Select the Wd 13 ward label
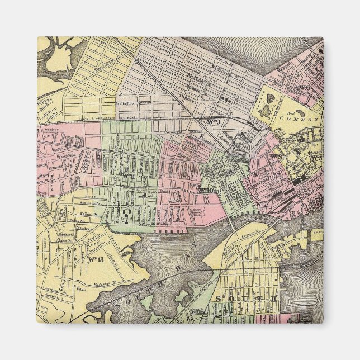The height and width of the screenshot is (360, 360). tap(95, 259)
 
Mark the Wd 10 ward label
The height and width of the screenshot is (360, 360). tap(205, 190)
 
